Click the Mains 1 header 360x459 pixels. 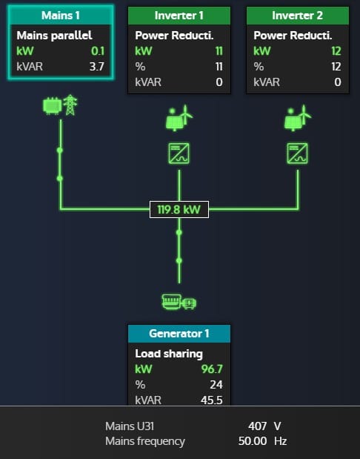click(61, 16)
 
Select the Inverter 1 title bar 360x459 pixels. click(179, 16)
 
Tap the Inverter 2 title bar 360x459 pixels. click(298, 16)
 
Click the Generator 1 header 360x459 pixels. click(179, 334)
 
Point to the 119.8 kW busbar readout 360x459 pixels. click(179, 210)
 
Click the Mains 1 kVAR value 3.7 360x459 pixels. click(97, 67)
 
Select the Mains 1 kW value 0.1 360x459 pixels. click(98, 51)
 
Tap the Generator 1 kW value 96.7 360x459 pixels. click(212, 369)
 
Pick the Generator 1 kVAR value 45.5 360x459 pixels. click(212, 400)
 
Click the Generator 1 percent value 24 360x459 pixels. click(216, 385)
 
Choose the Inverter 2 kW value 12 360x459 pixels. click(336, 51)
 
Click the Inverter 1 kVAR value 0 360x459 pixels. click(219, 82)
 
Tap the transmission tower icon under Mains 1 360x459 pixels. click(70, 105)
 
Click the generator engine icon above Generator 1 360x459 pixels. click(179, 302)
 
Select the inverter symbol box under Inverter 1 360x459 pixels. click(179, 153)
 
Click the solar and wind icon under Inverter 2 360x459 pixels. click(298, 118)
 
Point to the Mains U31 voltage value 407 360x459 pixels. click(257, 426)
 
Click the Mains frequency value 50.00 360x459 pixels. click(253, 441)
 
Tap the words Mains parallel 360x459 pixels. click(54, 36)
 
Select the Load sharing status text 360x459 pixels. click(169, 354)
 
